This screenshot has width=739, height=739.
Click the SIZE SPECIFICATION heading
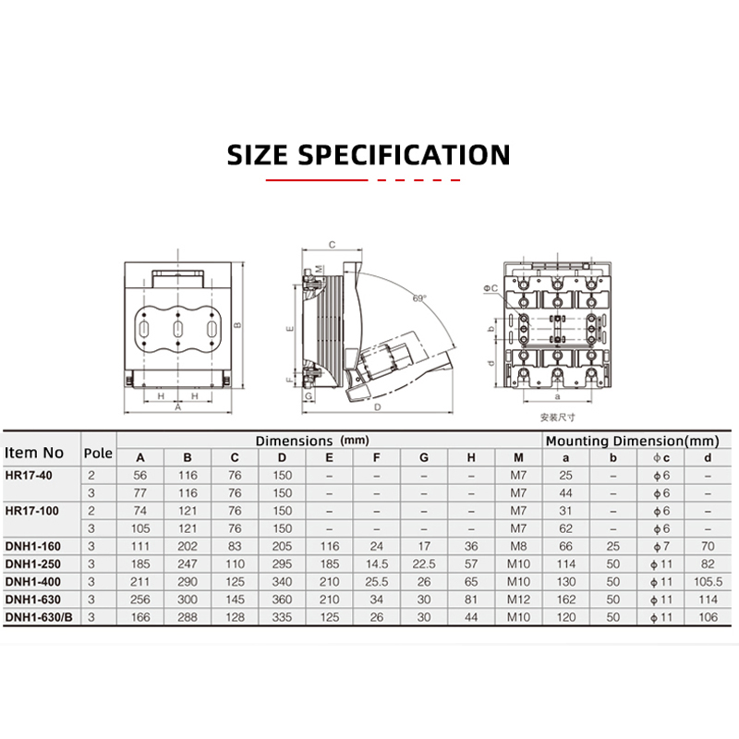pyautogui.click(x=369, y=154)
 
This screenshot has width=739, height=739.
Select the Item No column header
pyautogui.click(x=34, y=453)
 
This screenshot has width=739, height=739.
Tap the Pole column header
pyautogui.click(x=98, y=453)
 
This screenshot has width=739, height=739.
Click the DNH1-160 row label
pyautogui.click(x=33, y=546)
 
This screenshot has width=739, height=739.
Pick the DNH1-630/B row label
pyautogui.click(x=39, y=617)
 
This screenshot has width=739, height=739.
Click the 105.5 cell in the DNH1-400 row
pyautogui.click(x=708, y=582)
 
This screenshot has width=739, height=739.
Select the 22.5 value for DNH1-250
pyautogui.click(x=424, y=564)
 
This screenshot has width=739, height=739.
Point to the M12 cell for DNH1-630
pyautogui.click(x=518, y=600)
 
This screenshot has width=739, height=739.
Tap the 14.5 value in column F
pyautogui.click(x=377, y=564)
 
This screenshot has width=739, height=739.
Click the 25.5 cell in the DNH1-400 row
pyautogui.click(x=377, y=582)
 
